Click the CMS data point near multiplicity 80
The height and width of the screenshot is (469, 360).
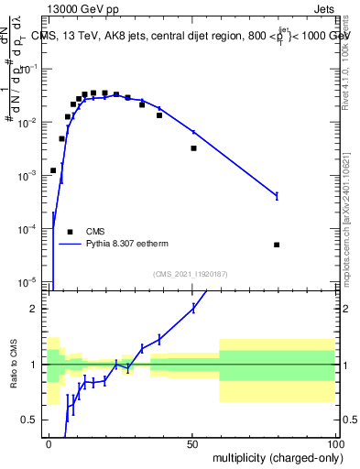tap(277, 245)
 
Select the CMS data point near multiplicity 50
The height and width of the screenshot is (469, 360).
tap(193, 147)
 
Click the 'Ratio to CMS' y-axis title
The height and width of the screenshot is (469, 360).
tap(15, 379)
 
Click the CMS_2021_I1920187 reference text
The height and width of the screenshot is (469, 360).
tap(190, 273)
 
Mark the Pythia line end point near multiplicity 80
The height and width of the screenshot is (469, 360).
tap(277, 195)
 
